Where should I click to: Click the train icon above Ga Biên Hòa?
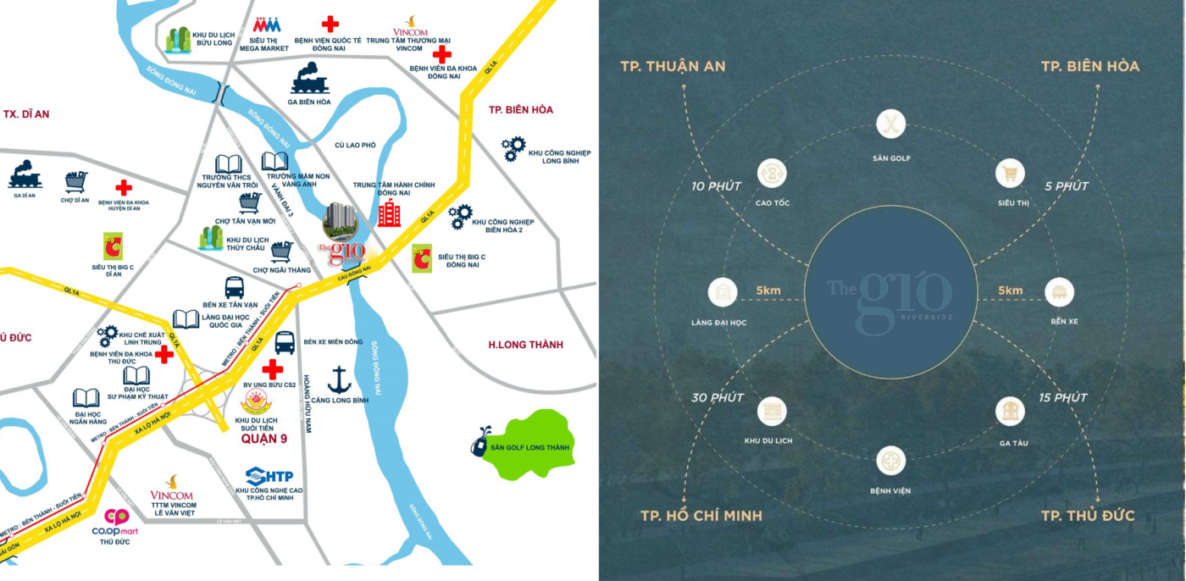coord(309,78)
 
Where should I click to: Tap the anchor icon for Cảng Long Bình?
coord(339,379)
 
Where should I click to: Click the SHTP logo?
coord(269,475)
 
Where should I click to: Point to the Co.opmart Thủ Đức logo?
coord(116,517)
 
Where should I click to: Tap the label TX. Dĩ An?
coord(26,113)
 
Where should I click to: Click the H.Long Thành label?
coord(525,345)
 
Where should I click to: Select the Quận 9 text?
coord(264,440)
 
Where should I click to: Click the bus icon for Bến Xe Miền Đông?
coord(285,342)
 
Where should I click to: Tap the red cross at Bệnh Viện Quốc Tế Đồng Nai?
coord(330,24)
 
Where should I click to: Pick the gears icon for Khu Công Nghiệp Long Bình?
coord(513,149)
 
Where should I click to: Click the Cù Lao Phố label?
coord(355,145)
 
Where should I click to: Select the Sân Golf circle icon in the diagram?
coord(891,125)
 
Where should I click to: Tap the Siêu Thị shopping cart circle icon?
coord(1009,174)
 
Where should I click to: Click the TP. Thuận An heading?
coord(673,66)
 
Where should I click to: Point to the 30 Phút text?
coord(717,397)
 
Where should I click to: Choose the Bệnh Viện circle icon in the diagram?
coord(891,460)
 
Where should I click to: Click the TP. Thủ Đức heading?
coord(1088,516)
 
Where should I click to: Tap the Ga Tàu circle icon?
coord(1009,411)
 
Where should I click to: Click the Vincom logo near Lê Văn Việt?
coord(172,488)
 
